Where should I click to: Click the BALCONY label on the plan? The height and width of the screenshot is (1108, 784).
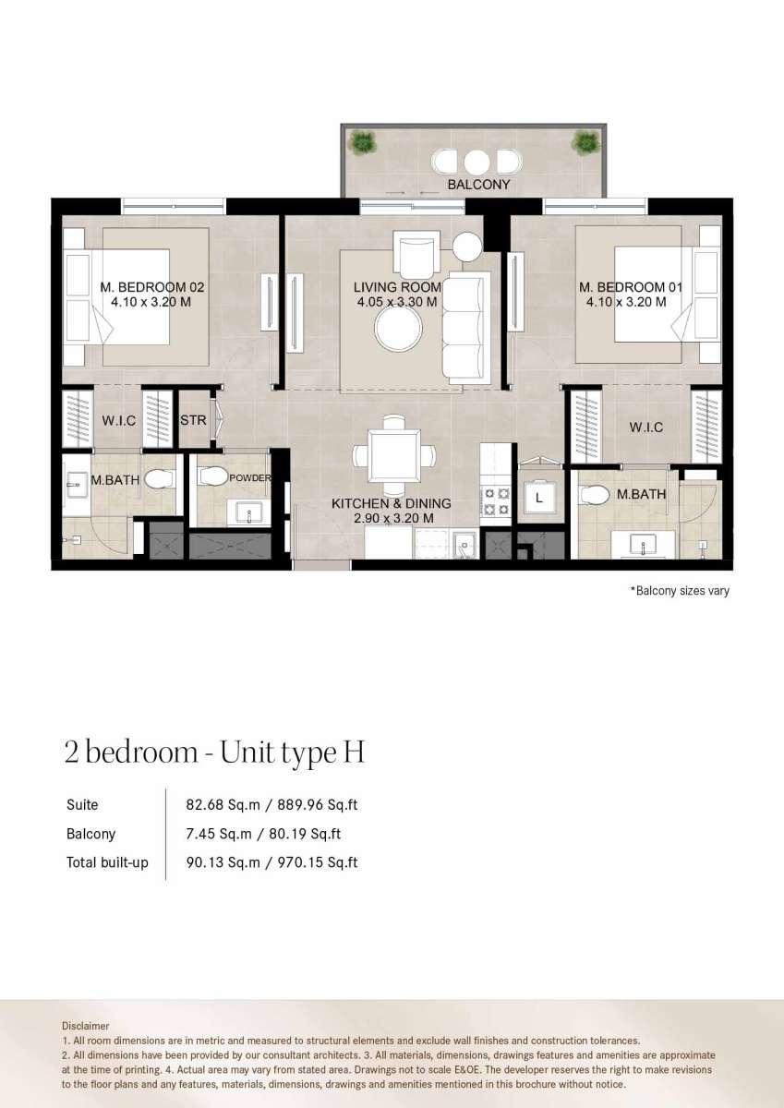(x=478, y=185)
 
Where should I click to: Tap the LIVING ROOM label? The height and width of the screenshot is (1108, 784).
(x=397, y=287)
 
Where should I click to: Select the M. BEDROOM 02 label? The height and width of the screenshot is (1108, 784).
(x=151, y=287)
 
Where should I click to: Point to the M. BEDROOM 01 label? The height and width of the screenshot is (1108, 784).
(x=631, y=287)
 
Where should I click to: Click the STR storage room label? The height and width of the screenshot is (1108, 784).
(x=193, y=420)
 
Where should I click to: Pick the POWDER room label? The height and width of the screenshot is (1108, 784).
(x=250, y=478)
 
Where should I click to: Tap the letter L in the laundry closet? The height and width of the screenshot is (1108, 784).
(x=539, y=498)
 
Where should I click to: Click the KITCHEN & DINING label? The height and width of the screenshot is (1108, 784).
(x=391, y=503)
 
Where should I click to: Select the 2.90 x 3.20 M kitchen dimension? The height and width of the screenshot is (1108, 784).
(x=393, y=518)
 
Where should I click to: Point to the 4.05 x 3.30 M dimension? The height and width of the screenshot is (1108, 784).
(x=397, y=302)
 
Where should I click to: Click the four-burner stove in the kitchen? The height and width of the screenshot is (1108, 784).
(x=496, y=500)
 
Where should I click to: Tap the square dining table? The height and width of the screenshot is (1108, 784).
(x=394, y=455)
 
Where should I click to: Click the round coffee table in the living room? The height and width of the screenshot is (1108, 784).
(x=398, y=328)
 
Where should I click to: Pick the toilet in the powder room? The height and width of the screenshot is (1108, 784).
(x=213, y=476)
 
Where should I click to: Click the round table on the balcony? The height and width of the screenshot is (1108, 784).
(x=476, y=163)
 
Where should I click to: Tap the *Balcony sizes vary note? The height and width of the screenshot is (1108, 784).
(x=680, y=591)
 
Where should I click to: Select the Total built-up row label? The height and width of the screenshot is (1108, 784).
(x=107, y=862)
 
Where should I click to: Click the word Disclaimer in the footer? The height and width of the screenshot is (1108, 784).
(x=86, y=1026)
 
